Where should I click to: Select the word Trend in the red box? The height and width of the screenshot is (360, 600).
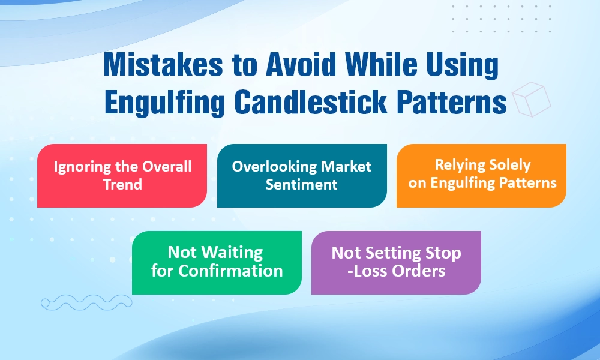[x=122, y=184]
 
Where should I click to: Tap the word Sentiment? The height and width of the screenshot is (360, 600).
[x=302, y=184]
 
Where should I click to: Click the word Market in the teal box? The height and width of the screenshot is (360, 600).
[x=346, y=166]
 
